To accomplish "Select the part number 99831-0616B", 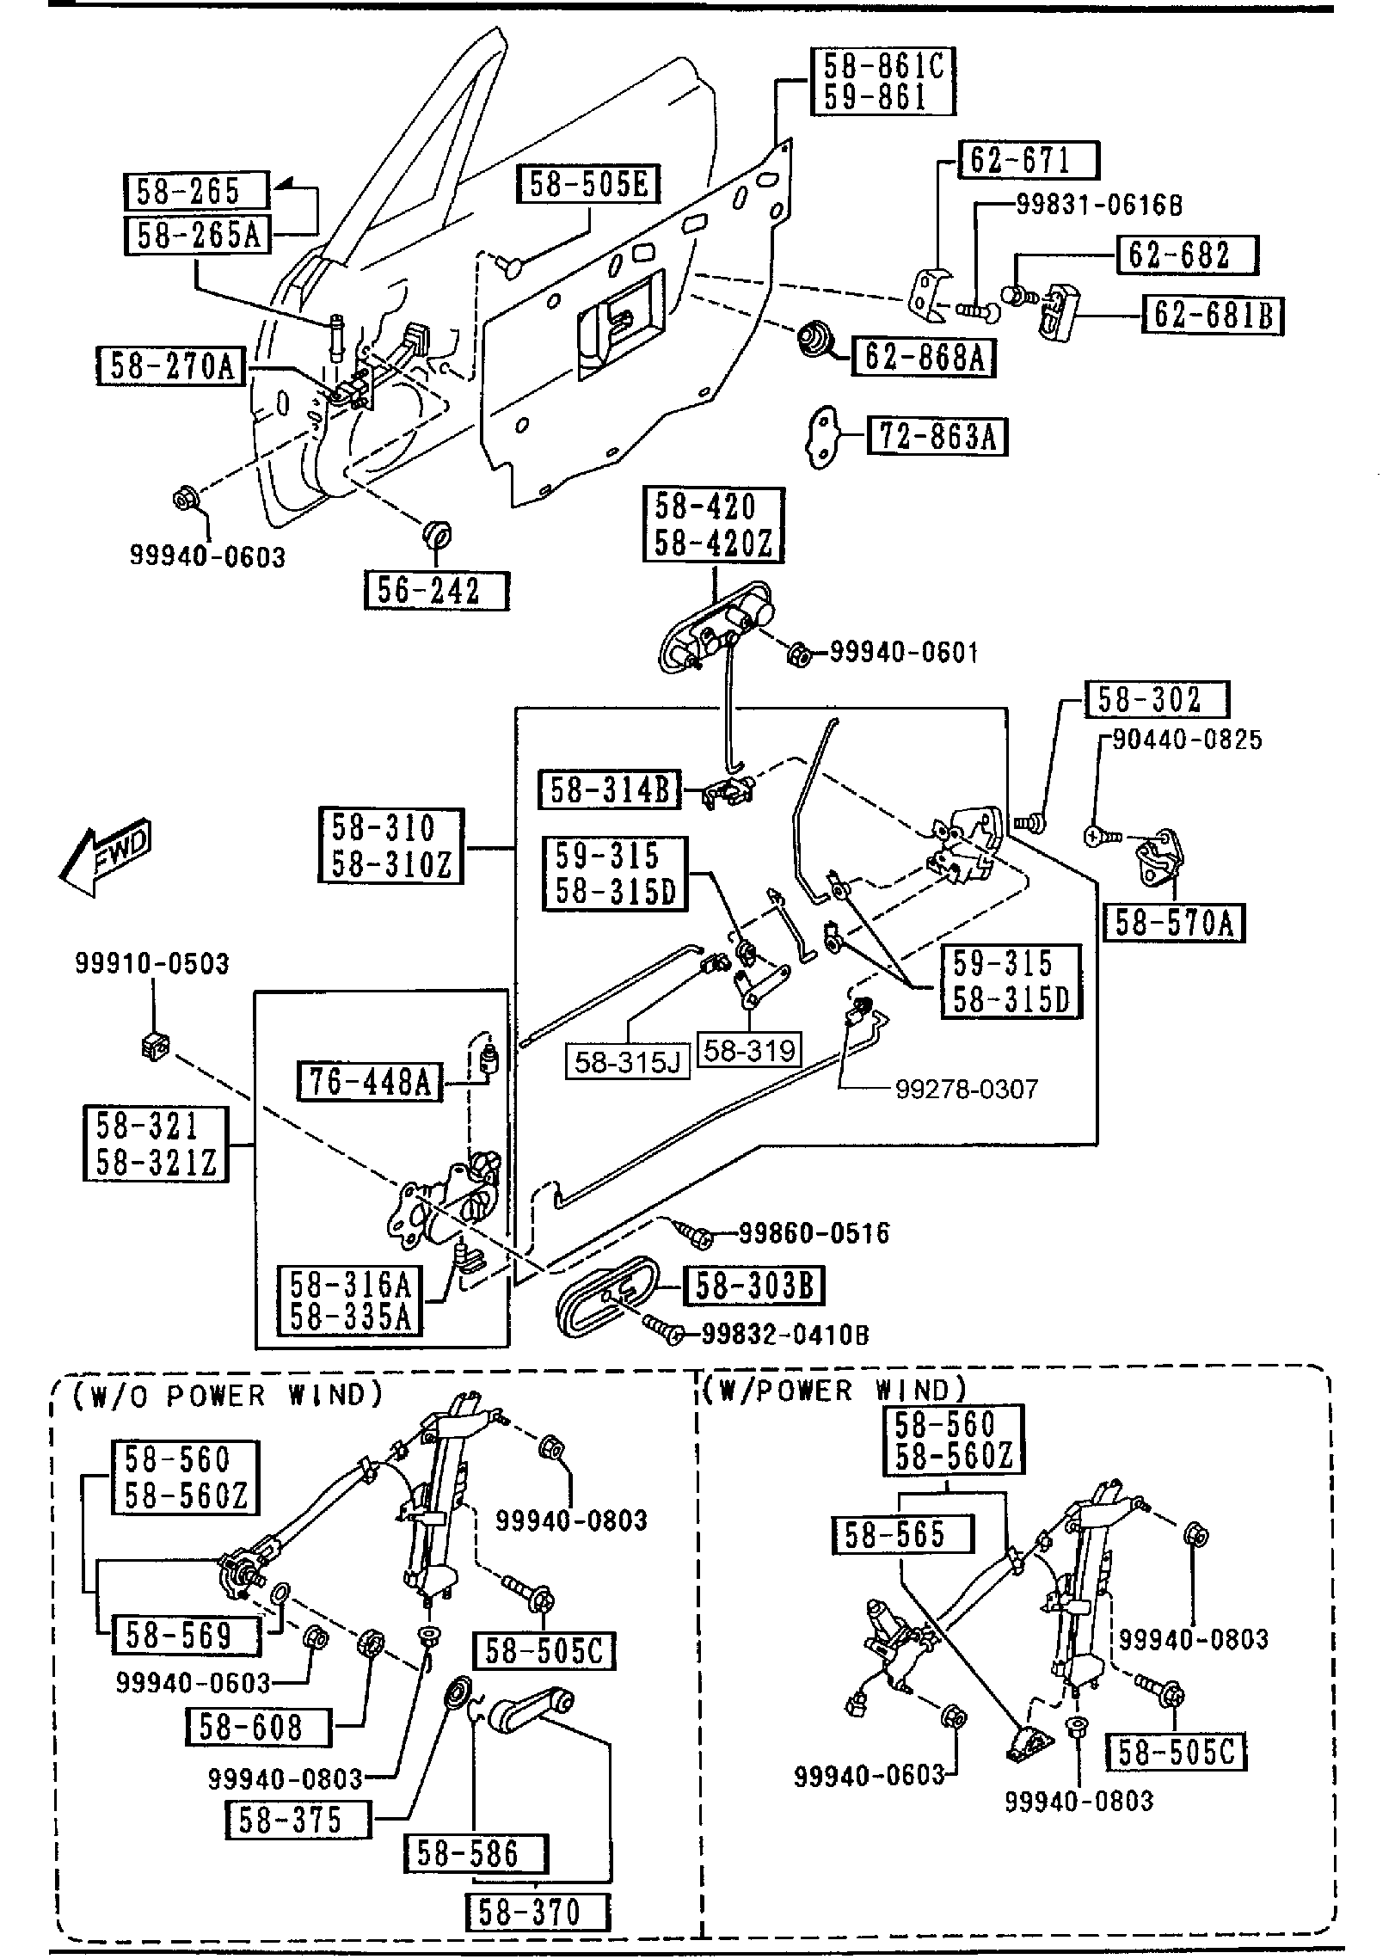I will [x=1098, y=205].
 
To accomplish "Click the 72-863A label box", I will [x=937, y=437].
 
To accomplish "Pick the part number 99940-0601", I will [x=903, y=653].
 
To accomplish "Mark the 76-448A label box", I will [x=369, y=1082].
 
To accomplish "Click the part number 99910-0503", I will [x=152, y=964].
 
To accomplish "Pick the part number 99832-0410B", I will [x=785, y=1334].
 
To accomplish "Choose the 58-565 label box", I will [x=903, y=1534].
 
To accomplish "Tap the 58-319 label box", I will [x=749, y=1049].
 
